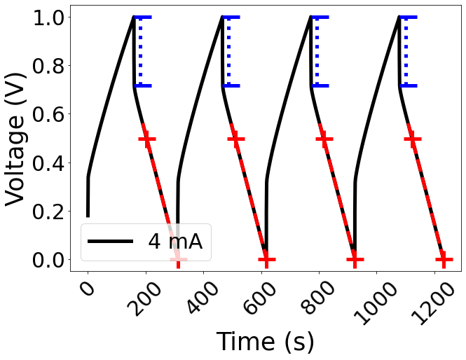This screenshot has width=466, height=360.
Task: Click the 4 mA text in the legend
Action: click(x=174, y=241)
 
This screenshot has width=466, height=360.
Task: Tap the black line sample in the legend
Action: click(x=110, y=242)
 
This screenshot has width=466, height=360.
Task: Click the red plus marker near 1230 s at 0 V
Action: click(x=443, y=260)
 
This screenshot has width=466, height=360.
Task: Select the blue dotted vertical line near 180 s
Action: click(x=140, y=51)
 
